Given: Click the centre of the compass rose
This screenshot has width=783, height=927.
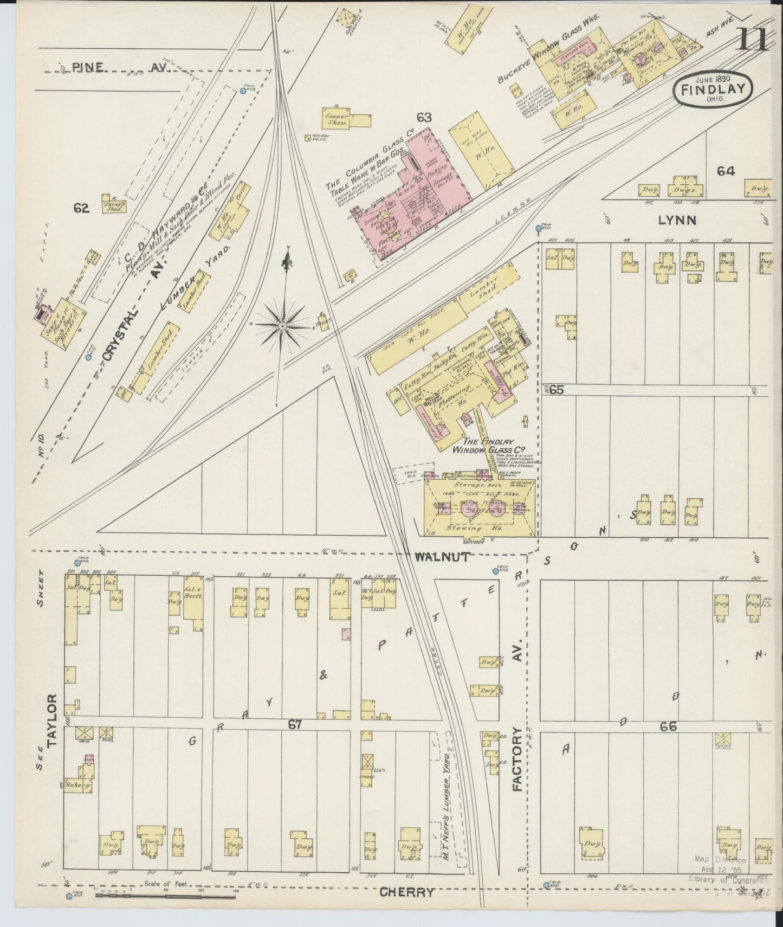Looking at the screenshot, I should (x=282, y=326).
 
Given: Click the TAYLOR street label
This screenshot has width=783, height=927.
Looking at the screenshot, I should (x=53, y=721).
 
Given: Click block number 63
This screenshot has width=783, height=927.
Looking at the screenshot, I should (x=424, y=117).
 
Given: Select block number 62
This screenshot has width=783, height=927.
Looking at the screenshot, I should (x=81, y=207).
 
